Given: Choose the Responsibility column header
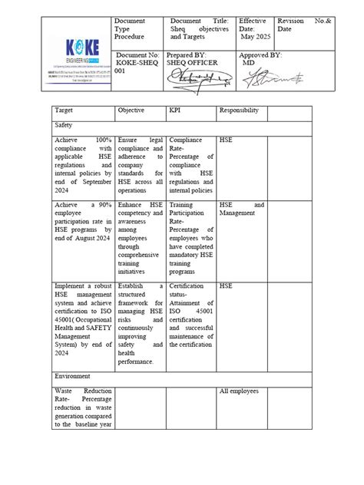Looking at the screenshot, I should (239, 111).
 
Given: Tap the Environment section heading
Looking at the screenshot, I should (74, 377).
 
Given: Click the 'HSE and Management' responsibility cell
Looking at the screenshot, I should (242, 210).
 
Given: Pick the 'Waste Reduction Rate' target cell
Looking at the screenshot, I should (82, 407).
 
